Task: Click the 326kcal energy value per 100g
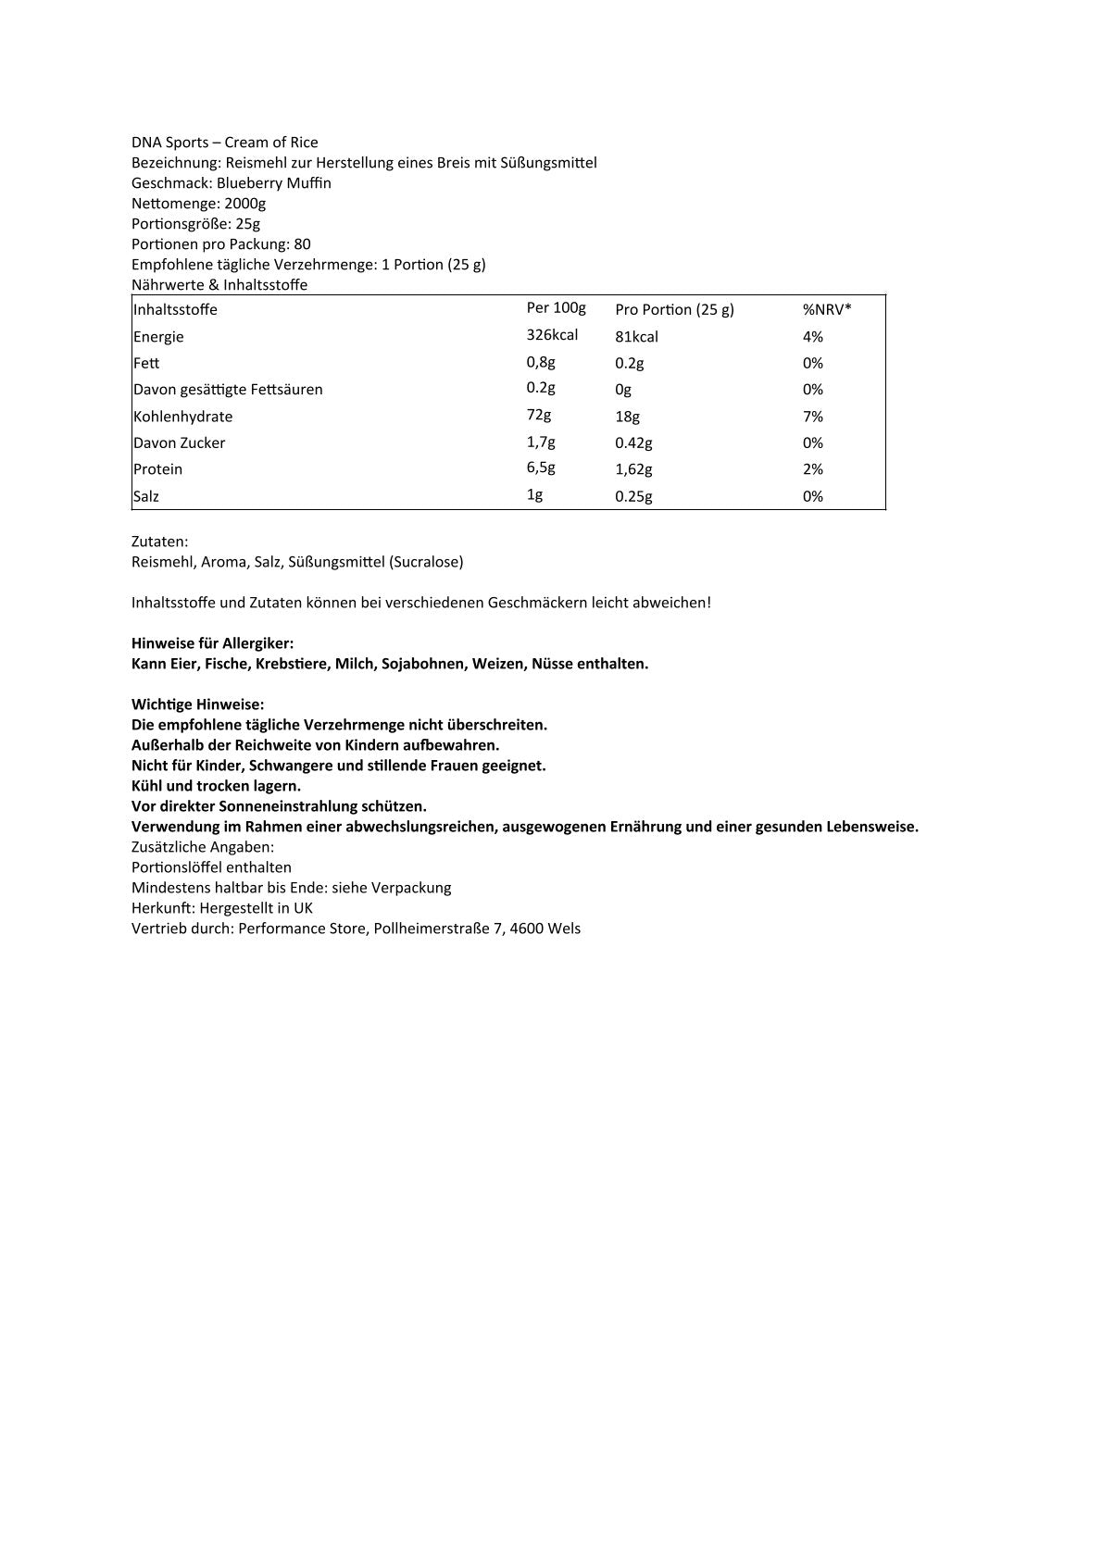click(x=552, y=335)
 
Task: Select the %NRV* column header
click(x=826, y=309)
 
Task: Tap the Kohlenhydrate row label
click(x=182, y=417)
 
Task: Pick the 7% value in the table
click(x=812, y=417)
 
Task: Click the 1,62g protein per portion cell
click(x=634, y=469)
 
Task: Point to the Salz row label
click(x=145, y=496)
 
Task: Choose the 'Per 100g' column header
click(x=556, y=308)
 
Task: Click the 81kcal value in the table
click(x=636, y=337)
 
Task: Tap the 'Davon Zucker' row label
click(x=179, y=443)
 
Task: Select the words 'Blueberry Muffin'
click(x=273, y=183)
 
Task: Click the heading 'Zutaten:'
click(x=159, y=542)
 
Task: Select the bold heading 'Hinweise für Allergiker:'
click(x=212, y=643)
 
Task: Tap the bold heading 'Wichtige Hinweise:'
click(x=197, y=704)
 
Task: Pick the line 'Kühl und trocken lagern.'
click(x=216, y=786)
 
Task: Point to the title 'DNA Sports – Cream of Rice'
click(x=224, y=143)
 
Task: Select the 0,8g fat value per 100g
click(x=541, y=362)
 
